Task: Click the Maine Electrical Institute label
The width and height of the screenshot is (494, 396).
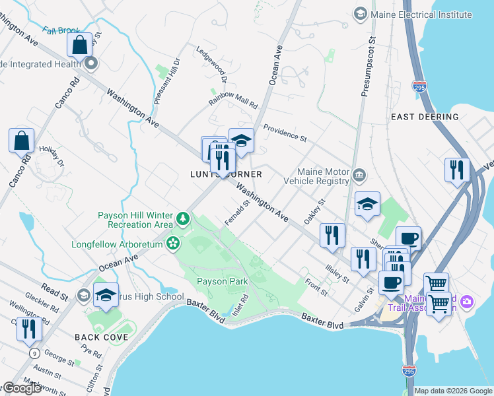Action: click(421, 14)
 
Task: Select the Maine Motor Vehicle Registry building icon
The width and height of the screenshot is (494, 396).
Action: click(359, 175)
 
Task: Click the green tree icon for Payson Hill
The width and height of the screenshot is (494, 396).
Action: click(182, 218)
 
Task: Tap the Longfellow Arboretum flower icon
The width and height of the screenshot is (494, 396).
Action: click(173, 244)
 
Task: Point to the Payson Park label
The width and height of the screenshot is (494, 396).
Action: click(222, 281)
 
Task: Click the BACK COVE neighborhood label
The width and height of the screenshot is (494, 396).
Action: click(101, 337)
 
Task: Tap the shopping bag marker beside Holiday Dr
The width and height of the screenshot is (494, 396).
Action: click(21, 141)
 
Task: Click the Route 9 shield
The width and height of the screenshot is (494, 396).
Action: click(34, 354)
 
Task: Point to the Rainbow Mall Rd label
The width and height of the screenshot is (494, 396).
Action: click(233, 100)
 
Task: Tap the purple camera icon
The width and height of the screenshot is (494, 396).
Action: click(468, 302)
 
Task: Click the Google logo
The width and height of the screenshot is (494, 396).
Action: click(21, 388)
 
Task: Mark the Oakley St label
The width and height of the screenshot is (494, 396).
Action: click(314, 212)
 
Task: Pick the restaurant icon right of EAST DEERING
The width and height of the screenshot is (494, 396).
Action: click(456, 170)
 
